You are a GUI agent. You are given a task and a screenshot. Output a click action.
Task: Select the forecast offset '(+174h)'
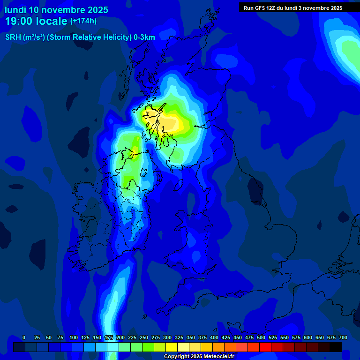pyautogui.click(x=83, y=21)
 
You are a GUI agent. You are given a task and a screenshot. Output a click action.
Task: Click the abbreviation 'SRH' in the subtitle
pyautogui.click(x=13, y=37)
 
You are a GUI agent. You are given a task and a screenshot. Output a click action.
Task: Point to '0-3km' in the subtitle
pyautogui.click(x=144, y=37)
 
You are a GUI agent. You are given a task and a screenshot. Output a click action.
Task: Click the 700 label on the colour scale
pyautogui.click(x=343, y=337)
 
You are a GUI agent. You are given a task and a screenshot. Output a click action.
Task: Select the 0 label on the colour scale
pyautogui.click(x=24, y=337)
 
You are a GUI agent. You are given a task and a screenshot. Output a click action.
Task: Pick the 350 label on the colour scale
pyautogui.click(x=191, y=337)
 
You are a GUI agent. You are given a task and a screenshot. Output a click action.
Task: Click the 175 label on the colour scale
pyautogui.click(x=109, y=337)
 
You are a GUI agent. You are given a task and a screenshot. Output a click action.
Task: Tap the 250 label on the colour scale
pyautogui.click(x=144, y=337)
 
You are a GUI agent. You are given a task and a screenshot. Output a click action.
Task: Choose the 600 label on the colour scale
pyautogui.click(x=308, y=337)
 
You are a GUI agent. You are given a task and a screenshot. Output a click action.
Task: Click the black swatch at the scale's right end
pyautogui.click(x=336, y=347)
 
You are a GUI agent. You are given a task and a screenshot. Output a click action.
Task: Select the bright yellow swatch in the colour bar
pyautogui.click(x=172, y=347)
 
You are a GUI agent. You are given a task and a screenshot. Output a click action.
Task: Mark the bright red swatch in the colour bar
pyautogui.click(x=265, y=347)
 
